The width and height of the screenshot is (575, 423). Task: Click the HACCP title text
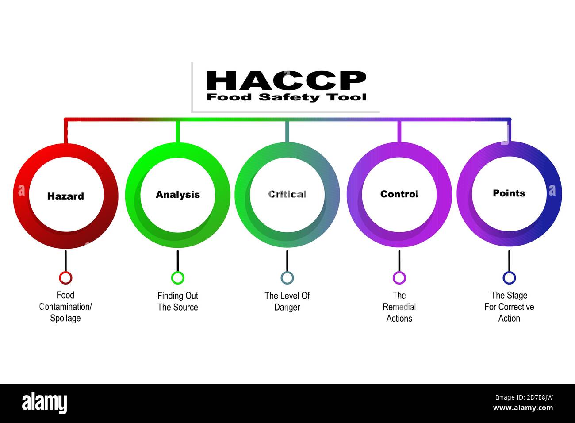(286, 81)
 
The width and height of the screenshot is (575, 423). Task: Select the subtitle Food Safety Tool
(286, 97)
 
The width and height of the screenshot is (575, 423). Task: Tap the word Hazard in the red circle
(65, 196)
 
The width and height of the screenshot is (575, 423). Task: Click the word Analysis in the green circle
(178, 195)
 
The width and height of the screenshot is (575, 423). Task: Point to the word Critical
(287, 194)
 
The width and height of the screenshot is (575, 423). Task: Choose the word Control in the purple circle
(399, 194)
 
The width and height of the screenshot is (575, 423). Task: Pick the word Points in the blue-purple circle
(509, 193)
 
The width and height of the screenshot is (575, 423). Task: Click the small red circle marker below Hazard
(65, 278)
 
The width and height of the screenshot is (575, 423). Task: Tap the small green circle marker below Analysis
(178, 278)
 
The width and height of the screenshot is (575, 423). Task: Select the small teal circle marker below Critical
(287, 278)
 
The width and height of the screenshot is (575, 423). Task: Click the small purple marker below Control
(399, 278)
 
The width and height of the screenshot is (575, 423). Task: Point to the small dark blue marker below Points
(509, 278)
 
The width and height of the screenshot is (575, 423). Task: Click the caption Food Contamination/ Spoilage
(65, 307)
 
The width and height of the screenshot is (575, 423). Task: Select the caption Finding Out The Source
(178, 301)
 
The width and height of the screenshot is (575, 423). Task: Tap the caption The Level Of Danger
(287, 301)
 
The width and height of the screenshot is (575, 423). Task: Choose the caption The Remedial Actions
(399, 307)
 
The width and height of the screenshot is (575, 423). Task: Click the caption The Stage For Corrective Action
(509, 307)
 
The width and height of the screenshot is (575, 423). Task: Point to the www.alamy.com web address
(523, 408)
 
